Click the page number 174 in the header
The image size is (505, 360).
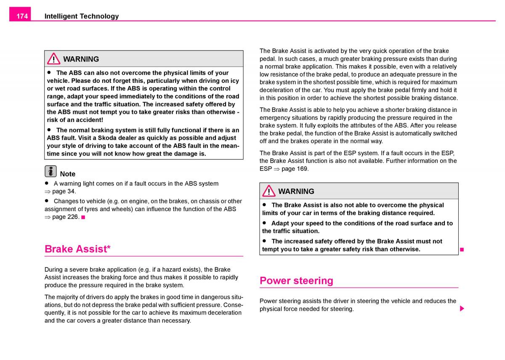click(22, 16)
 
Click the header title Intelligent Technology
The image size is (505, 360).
click(82, 16)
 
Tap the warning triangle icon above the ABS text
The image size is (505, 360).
click(53, 59)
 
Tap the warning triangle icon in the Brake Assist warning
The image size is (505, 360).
click(268, 191)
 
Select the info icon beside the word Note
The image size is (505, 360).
click(50, 171)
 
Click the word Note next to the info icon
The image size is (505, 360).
click(68, 174)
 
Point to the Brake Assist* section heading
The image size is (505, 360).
click(77, 249)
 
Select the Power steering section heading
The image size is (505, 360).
click(296, 281)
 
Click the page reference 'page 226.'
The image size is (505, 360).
click(66, 217)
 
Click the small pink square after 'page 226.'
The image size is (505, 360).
click(83, 217)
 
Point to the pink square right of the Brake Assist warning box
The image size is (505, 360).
click(462, 249)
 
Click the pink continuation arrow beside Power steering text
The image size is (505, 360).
click(462, 309)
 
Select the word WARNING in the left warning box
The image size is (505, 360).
click(81, 59)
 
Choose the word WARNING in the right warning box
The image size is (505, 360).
click(296, 191)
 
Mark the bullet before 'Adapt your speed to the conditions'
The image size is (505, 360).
click(265, 223)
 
